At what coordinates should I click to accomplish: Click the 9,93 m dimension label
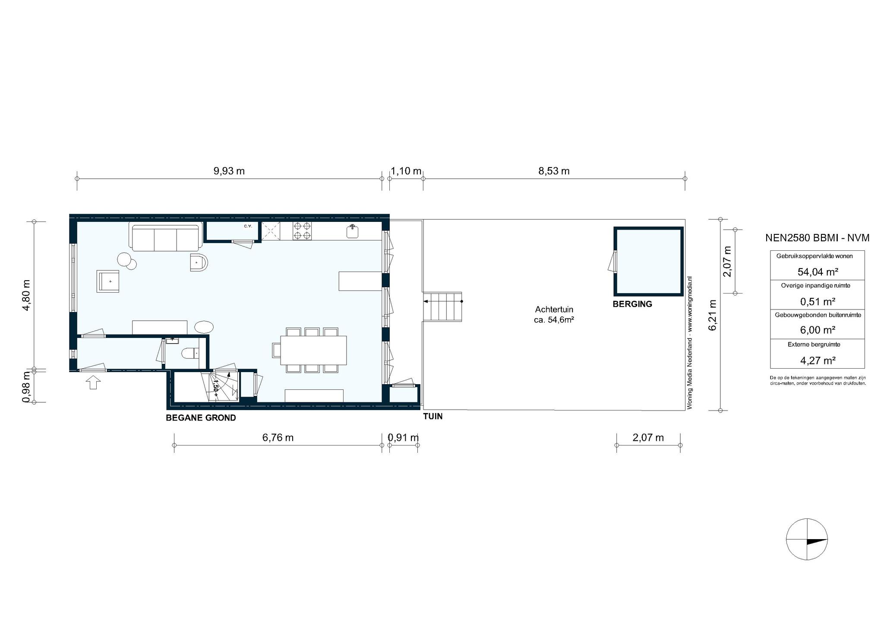(229, 171)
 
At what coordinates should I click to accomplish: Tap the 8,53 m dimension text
(554, 171)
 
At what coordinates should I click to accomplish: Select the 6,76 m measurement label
(278, 438)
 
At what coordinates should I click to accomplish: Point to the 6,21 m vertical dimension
(713, 315)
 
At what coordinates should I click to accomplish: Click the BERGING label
(632, 304)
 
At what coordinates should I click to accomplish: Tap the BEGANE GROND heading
(201, 418)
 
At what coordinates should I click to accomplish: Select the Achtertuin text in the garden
(554, 309)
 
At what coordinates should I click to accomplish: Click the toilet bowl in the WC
(190, 354)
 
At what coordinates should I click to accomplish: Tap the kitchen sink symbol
(353, 231)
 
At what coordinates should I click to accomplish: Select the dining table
(314, 350)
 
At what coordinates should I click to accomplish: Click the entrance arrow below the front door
(94, 382)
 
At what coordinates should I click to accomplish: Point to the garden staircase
(442, 306)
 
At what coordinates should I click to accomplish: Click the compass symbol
(807, 539)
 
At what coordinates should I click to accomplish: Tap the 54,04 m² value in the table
(818, 272)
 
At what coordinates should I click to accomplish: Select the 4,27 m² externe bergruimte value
(818, 360)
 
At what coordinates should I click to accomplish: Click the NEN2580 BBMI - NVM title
(818, 237)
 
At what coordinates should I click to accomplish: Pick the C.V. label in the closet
(248, 226)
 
